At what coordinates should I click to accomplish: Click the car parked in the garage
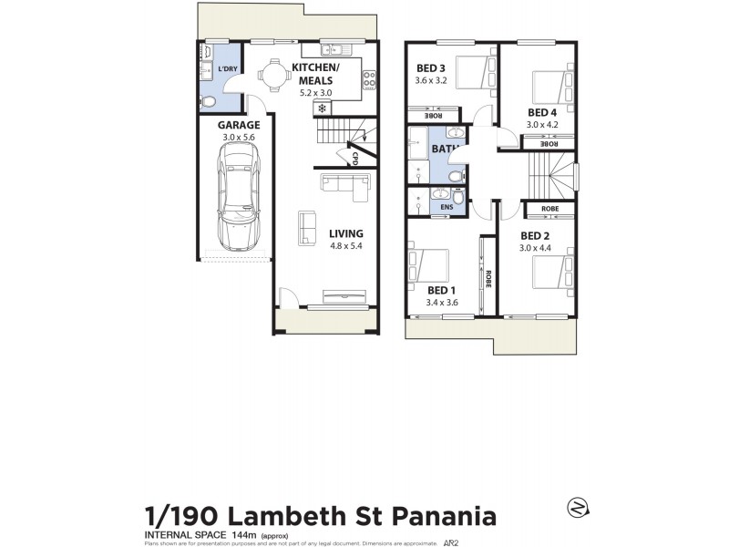click(239, 196)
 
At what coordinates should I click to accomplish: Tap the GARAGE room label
click(239, 125)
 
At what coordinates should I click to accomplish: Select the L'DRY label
click(227, 69)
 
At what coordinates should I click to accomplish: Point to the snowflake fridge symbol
click(322, 108)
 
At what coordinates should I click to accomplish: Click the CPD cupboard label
click(354, 158)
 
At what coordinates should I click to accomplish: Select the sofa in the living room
click(342, 184)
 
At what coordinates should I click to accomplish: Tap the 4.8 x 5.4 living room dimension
click(346, 245)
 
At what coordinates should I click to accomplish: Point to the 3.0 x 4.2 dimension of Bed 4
click(541, 125)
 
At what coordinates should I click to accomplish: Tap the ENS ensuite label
click(446, 207)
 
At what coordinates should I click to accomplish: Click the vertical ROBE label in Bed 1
click(488, 279)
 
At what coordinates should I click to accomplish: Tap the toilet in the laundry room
click(208, 100)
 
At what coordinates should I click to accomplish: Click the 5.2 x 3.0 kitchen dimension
click(314, 91)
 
